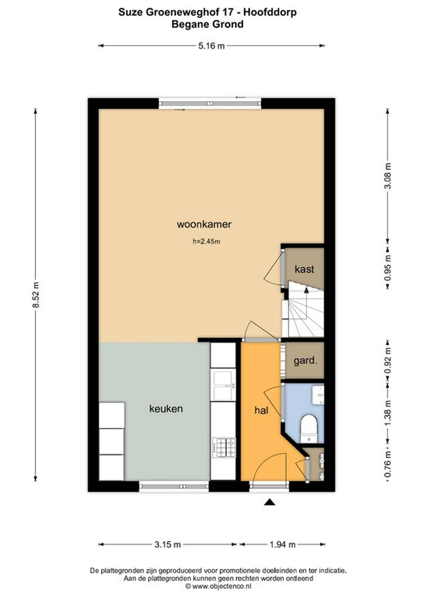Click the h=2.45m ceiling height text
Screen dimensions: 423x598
pos(206,241)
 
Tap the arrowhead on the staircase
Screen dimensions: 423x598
pos(306,290)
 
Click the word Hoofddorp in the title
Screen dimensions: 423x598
pos(270,12)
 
